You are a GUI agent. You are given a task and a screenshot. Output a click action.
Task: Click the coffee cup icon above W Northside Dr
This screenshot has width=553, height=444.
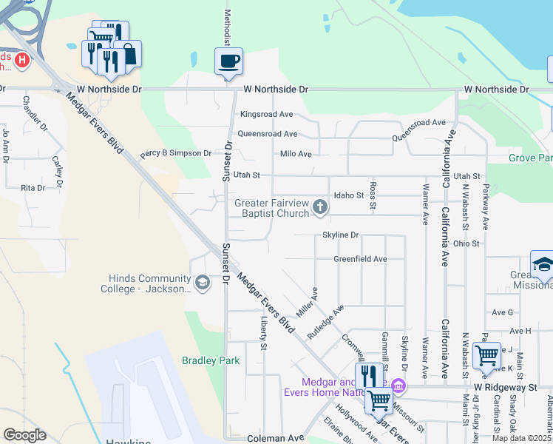pyautogui.click(x=229, y=61)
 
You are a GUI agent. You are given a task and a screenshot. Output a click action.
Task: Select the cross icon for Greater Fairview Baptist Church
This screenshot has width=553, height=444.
pyautogui.click(x=320, y=206)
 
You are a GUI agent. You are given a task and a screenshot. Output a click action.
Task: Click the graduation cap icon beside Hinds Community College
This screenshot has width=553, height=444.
pyautogui.click(x=202, y=281)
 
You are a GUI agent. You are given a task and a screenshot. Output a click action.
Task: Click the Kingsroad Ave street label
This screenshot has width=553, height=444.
pyautogui.click(x=267, y=115)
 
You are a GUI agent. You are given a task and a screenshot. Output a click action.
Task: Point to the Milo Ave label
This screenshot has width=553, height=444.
pyautogui.click(x=296, y=154)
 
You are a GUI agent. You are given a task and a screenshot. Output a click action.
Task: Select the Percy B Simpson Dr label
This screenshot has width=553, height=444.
pyautogui.click(x=176, y=153)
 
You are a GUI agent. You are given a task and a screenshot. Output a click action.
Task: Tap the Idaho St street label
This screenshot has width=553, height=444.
pyautogui.click(x=349, y=195)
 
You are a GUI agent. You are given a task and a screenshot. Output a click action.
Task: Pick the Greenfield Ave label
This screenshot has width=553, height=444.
pyautogui.click(x=360, y=259)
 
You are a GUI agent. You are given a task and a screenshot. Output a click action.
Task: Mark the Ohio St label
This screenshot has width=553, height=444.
pyautogui.click(x=467, y=243)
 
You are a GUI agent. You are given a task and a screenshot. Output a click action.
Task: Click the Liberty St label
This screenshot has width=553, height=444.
pyautogui.click(x=262, y=332)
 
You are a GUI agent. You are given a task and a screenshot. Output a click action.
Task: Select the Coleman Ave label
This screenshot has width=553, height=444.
pyautogui.click(x=276, y=438)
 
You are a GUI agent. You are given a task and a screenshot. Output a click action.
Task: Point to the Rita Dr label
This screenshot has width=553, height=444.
pyautogui.click(x=33, y=188)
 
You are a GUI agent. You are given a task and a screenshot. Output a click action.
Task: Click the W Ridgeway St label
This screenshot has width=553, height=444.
pyautogui.click(x=505, y=387)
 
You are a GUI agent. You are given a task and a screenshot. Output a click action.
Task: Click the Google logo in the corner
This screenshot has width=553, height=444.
pyautogui.click(x=24, y=435)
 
